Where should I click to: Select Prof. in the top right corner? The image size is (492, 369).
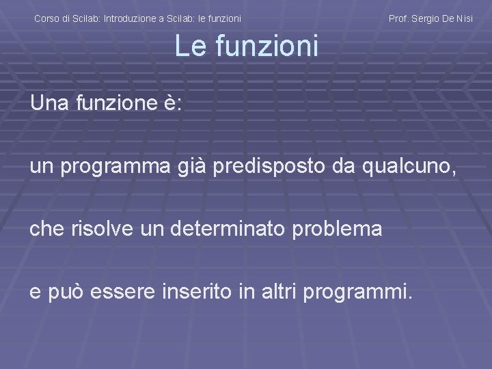(x=398, y=19)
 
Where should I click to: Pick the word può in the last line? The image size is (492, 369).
(x=62, y=292)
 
